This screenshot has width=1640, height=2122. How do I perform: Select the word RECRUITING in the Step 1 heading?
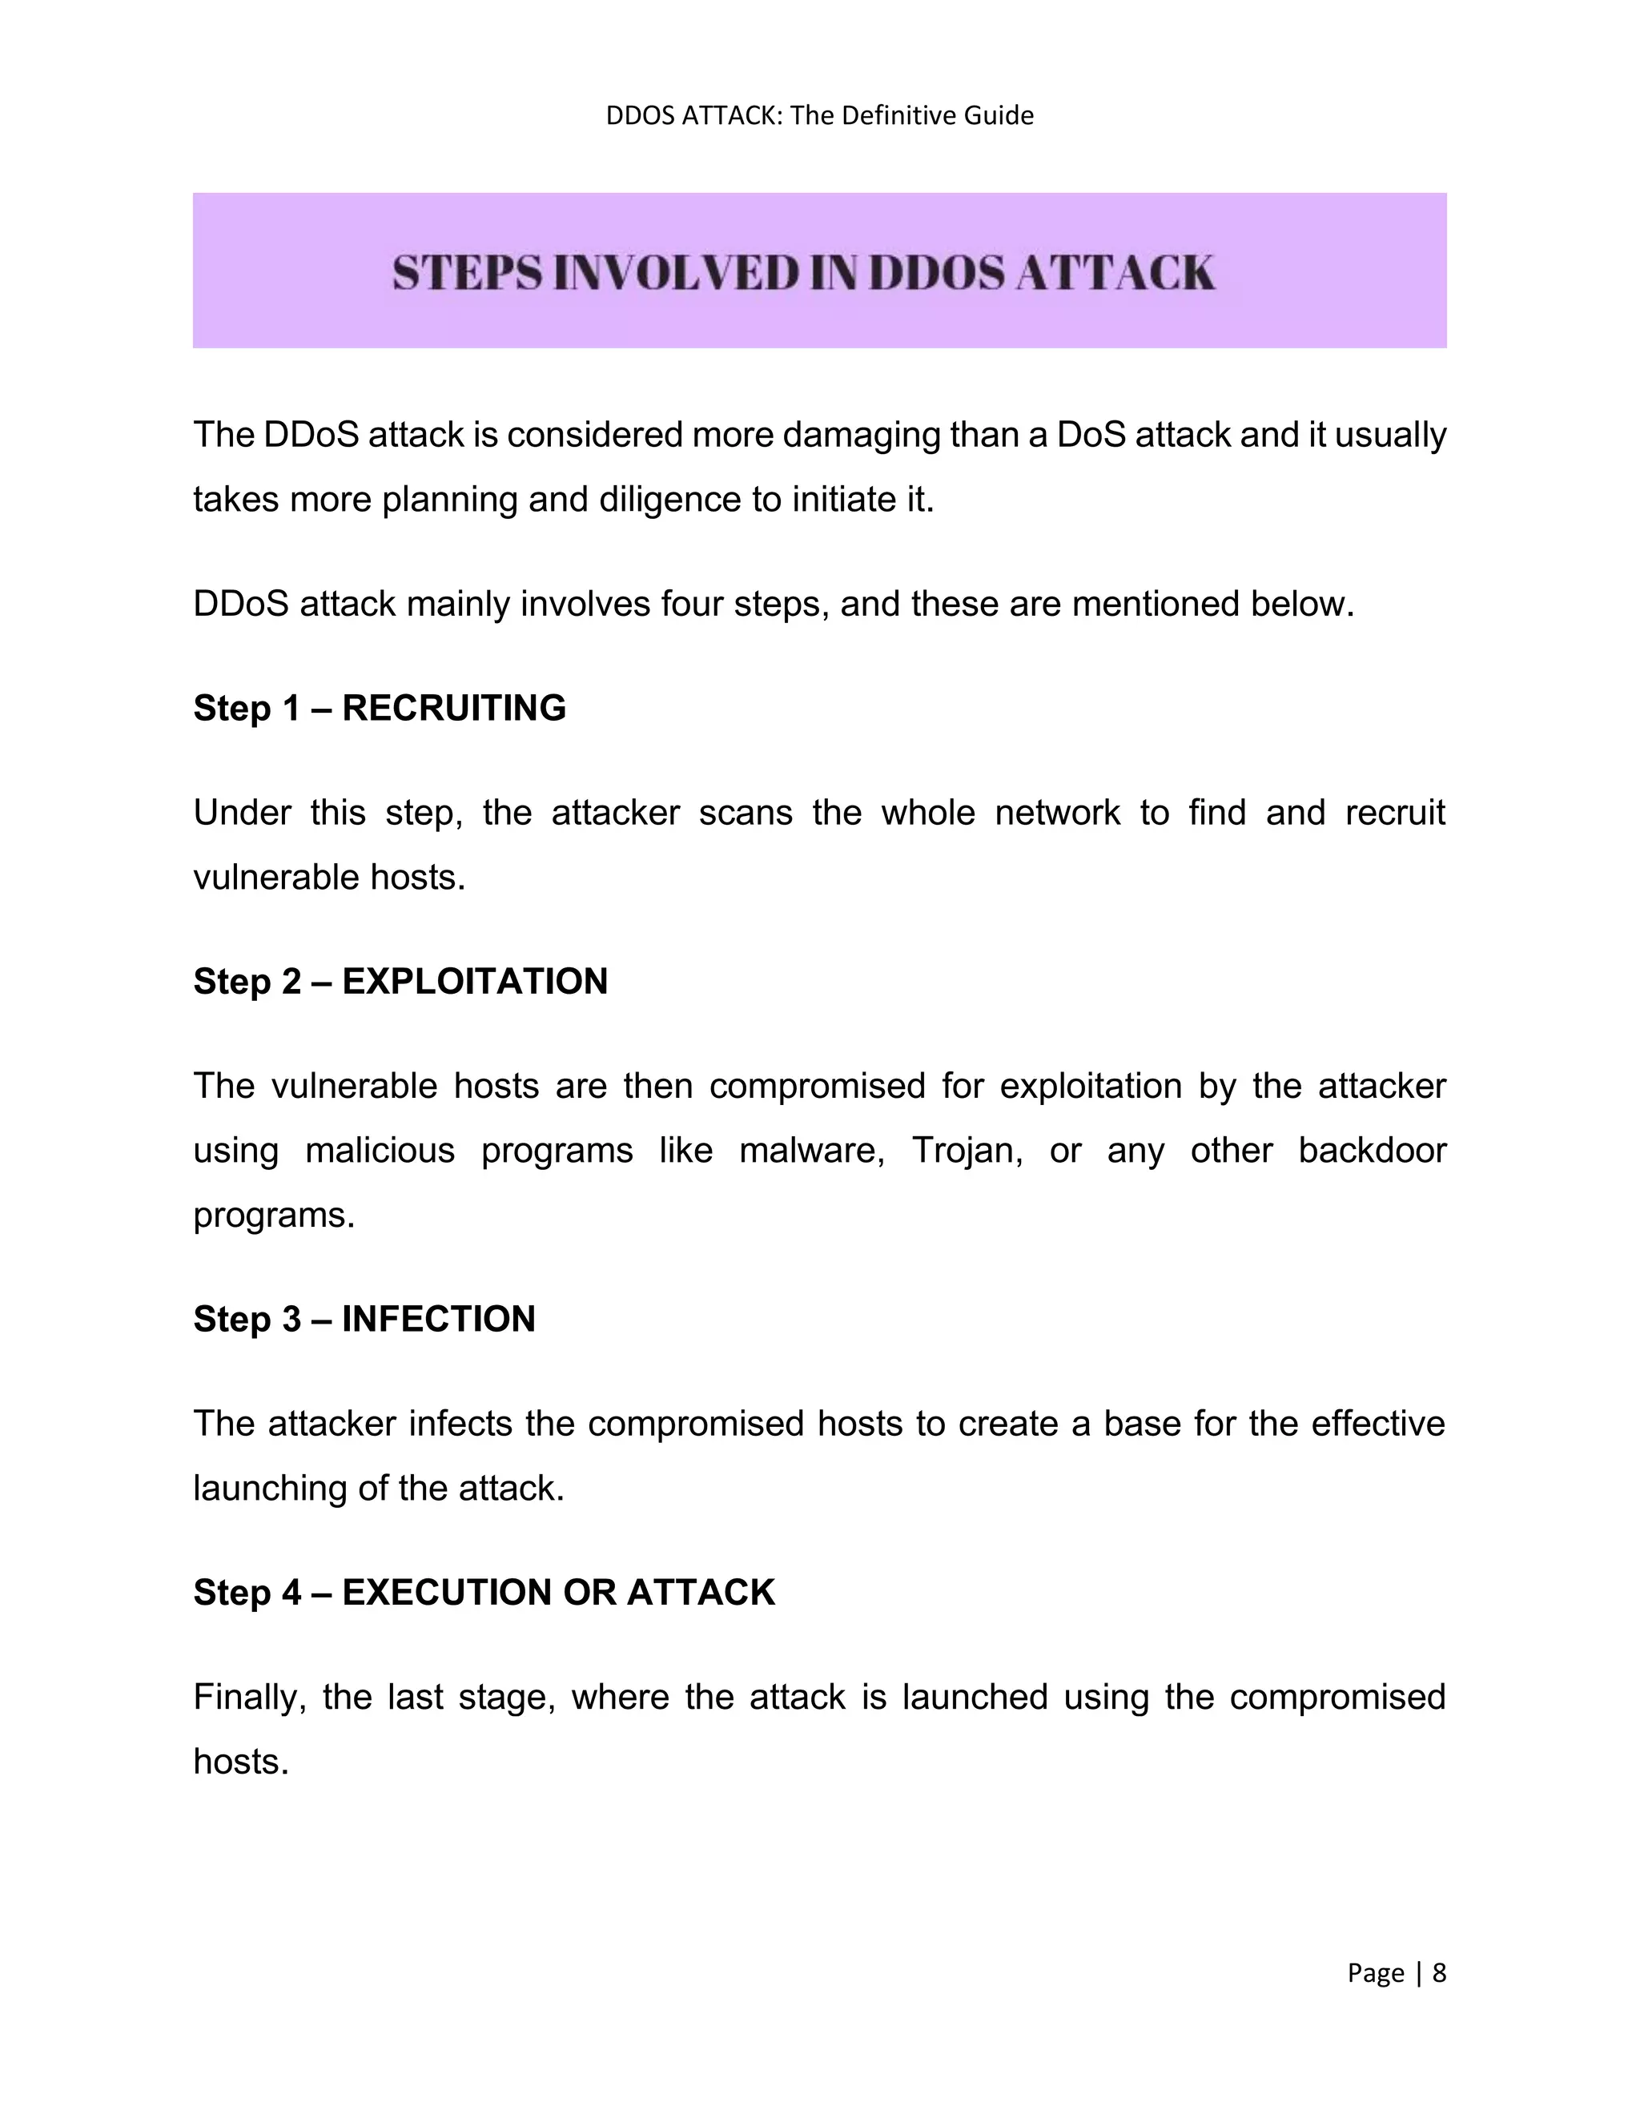[454, 709]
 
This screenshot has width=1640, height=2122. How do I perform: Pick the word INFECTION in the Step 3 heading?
[438, 1320]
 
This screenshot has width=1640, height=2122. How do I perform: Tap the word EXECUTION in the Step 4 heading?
[446, 1593]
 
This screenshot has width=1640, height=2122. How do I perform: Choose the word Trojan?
[967, 1151]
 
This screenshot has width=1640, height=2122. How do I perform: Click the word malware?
[811, 1151]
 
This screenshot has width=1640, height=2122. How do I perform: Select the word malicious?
[380, 1151]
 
